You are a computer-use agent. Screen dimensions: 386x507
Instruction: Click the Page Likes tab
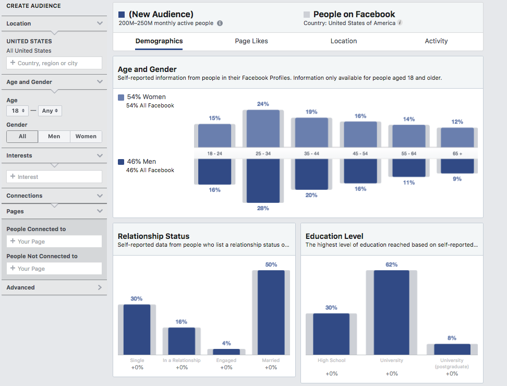click(x=251, y=41)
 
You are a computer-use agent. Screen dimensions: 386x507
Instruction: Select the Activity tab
click(x=436, y=41)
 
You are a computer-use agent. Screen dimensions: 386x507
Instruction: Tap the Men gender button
click(x=54, y=136)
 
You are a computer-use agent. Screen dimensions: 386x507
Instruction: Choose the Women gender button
click(x=86, y=136)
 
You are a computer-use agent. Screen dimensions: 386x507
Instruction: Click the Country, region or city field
click(x=54, y=63)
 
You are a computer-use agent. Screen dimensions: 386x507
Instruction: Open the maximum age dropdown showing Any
click(x=50, y=111)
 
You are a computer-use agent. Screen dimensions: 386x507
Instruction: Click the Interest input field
click(x=54, y=177)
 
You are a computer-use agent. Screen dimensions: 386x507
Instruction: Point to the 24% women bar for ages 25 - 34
click(x=263, y=129)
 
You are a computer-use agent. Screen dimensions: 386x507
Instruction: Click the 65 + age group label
click(x=457, y=153)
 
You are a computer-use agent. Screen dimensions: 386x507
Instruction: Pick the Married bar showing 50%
click(x=271, y=312)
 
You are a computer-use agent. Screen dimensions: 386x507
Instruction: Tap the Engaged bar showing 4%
click(x=226, y=352)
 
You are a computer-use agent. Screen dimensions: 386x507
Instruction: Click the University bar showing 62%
click(x=391, y=312)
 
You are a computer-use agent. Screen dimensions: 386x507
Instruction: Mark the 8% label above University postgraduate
click(x=452, y=338)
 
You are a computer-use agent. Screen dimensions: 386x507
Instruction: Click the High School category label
click(x=331, y=360)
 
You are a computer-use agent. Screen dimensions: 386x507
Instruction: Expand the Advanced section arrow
click(x=100, y=287)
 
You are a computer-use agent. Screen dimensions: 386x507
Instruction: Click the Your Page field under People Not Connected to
click(x=54, y=269)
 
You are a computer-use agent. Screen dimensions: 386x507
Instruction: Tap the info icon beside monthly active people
click(x=220, y=23)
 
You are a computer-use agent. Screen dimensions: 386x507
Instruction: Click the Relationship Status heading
click(x=153, y=236)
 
